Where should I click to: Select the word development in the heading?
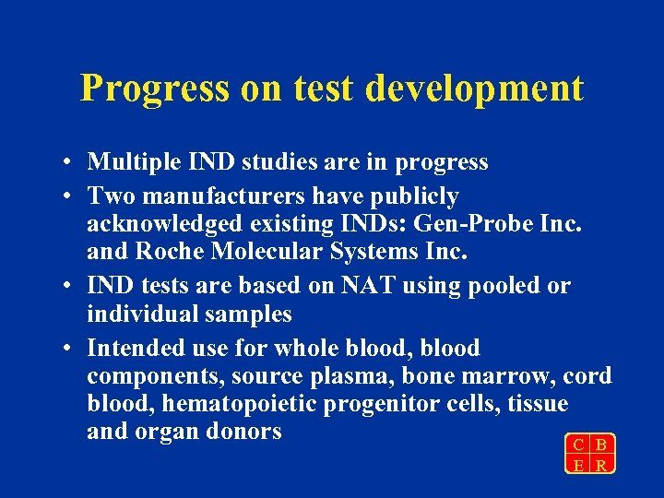[474, 89]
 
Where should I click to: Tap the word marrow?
[511, 376]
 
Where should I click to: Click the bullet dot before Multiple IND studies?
[69, 163]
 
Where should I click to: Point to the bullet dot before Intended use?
[69, 350]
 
